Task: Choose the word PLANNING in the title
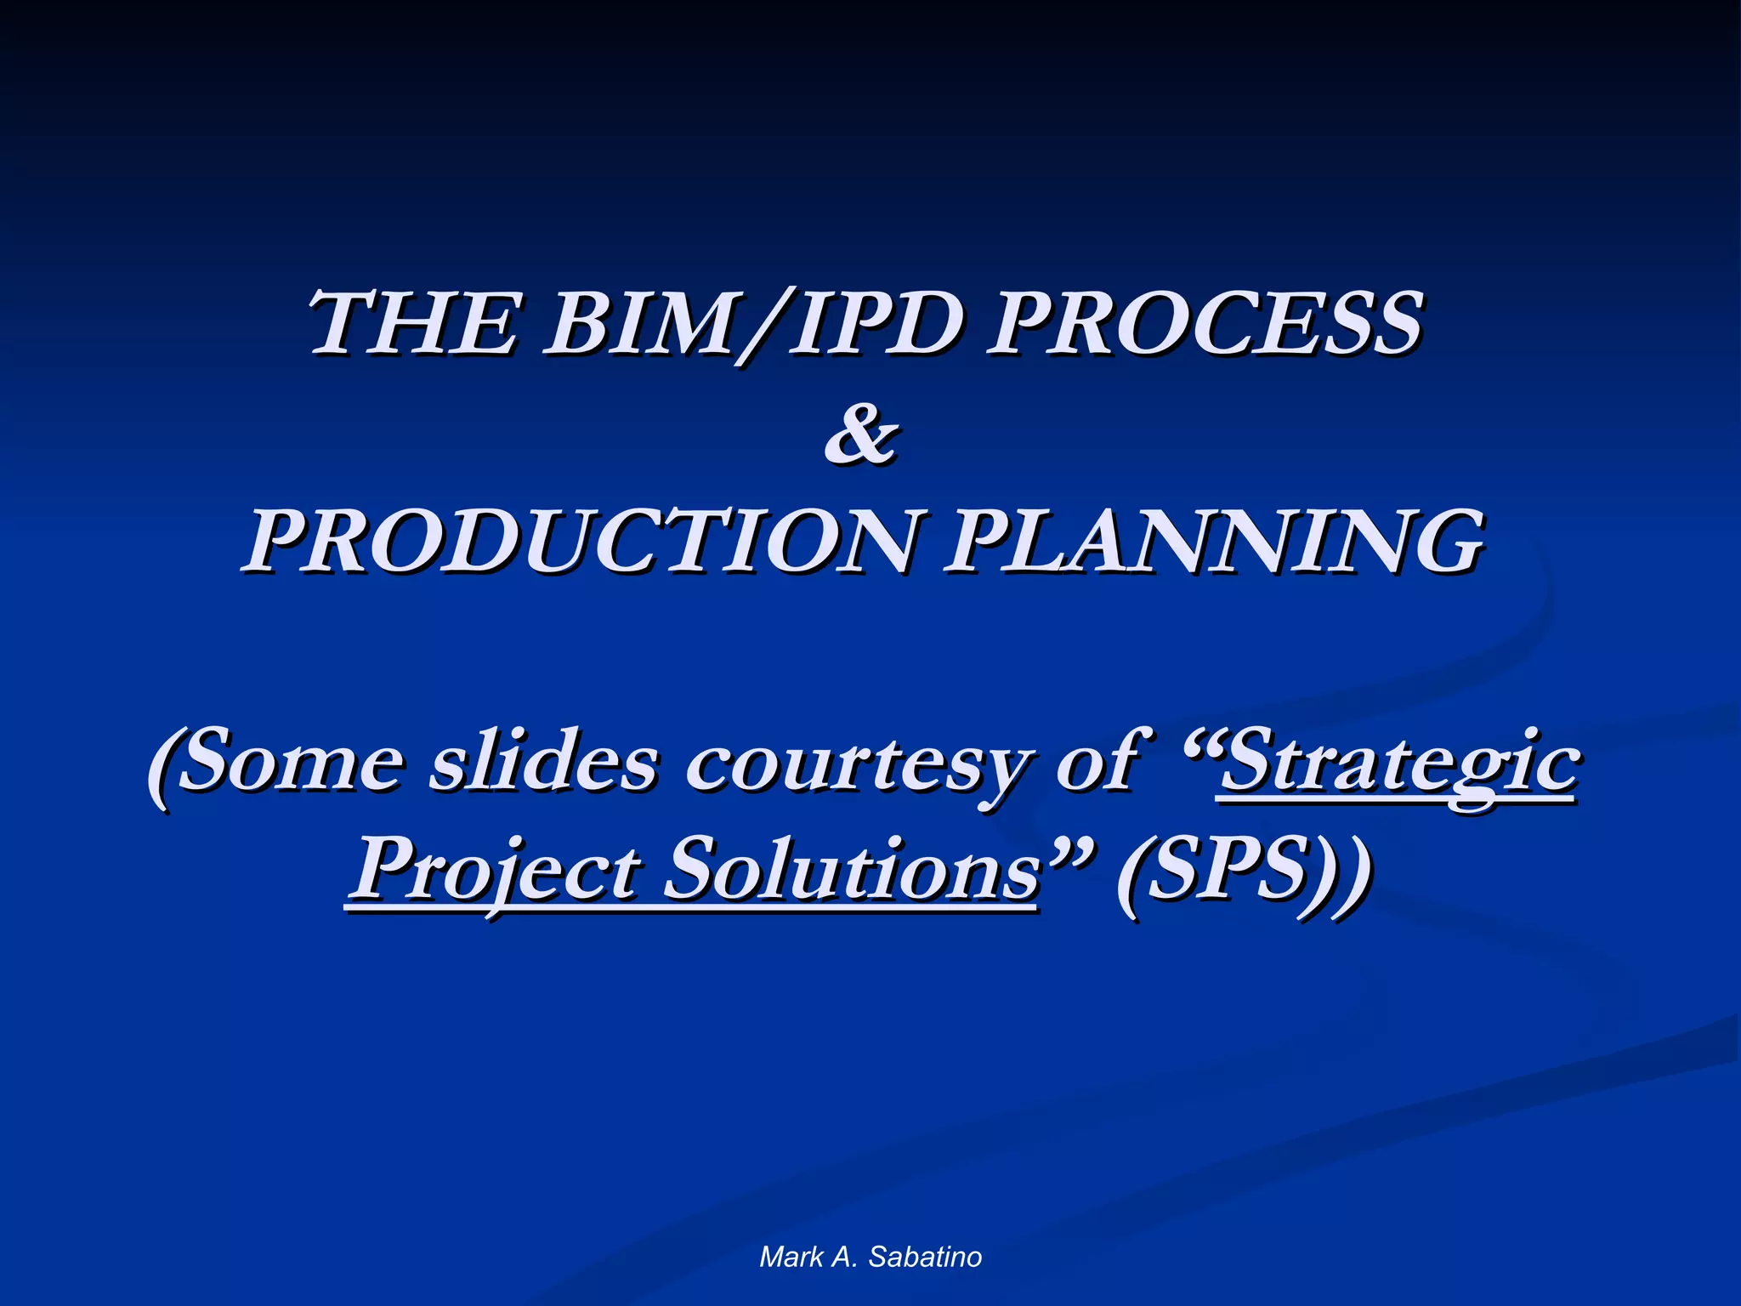click(x=1216, y=542)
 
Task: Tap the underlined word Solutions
click(x=850, y=872)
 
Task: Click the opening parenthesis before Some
click(x=162, y=765)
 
